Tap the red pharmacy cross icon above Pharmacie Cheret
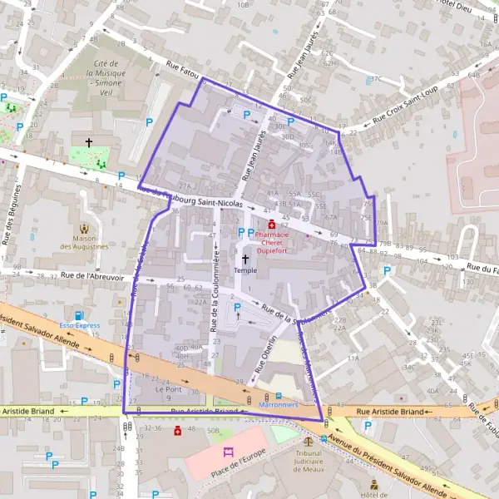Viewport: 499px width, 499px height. tap(272, 223)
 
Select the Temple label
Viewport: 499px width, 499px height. tap(245, 270)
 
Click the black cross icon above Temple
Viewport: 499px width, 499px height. tap(245, 259)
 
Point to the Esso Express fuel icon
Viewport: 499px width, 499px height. tap(79, 315)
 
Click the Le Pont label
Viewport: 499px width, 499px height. tap(167, 388)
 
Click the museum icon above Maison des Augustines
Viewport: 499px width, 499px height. tap(84, 228)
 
